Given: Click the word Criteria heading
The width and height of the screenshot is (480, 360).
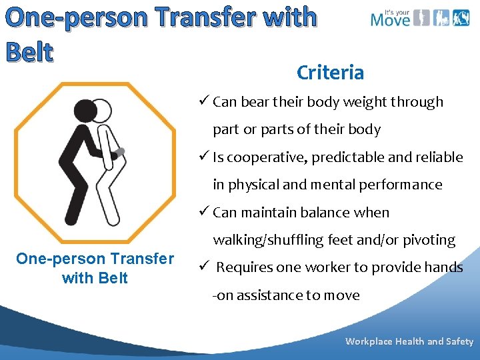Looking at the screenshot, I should [x=330, y=73].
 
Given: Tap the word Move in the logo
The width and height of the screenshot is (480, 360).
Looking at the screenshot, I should [x=390, y=19].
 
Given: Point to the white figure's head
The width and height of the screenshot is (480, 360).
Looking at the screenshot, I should [x=102, y=110].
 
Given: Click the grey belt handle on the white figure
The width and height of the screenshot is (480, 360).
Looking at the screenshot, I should [x=120, y=153].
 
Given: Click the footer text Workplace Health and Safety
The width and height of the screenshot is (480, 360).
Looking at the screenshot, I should [x=409, y=341].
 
